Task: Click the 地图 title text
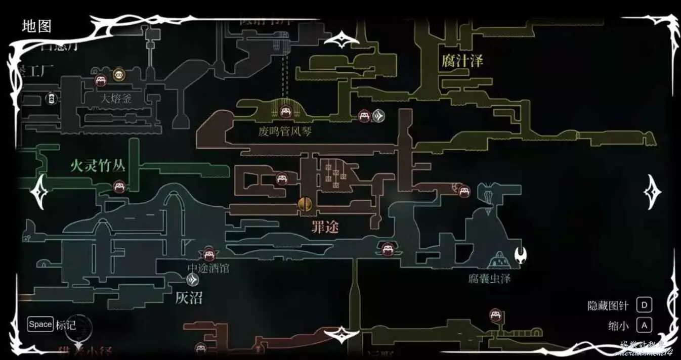pyautogui.click(x=36, y=26)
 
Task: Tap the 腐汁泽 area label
pyautogui.click(x=462, y=61)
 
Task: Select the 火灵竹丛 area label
pyautogui.click(x=97, y=166)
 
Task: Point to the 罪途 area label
pyautogui.click(x=325, y=228)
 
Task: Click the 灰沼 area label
pyautogui.click(x=189, y=298)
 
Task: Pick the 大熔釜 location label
pyautogui.click(x=115, y=99)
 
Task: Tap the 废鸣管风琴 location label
pyautogui.click(x=285, y=132)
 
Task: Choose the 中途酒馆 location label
pyautogui.click(x=208, y=268)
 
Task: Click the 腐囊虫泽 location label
pyautogui.click(x=489, y=279)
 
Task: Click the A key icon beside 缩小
pyautogui.click(x=644, y=325)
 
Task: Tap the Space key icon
pyautogui.click(x=40, y=324)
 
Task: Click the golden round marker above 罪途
pyautogui.click(x=305, y=204)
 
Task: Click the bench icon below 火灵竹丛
pyautogui.click(x=119, y=186)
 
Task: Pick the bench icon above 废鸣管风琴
pyautogui.click(x=285, y=111)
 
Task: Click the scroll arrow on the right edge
pyautogui.click(x=652, y=192)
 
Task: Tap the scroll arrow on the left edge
pyautogui.click(x=39, y=193)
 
